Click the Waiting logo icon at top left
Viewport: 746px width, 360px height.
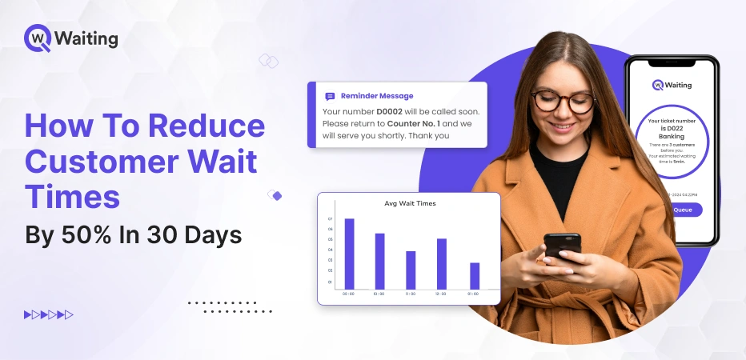[38, 38]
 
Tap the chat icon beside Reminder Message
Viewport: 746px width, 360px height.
[330, 96]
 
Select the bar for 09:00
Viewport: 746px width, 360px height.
[349, 253]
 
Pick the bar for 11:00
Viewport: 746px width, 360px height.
[411, 270]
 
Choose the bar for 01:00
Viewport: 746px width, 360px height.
[475, 275]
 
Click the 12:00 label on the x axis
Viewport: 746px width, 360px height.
[442, 294]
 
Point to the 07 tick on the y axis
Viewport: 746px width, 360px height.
[330, 218]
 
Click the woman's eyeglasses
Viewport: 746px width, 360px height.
[563, 102]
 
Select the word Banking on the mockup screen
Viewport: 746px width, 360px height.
[672, 137]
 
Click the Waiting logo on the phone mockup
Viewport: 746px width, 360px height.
[672, 85]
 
